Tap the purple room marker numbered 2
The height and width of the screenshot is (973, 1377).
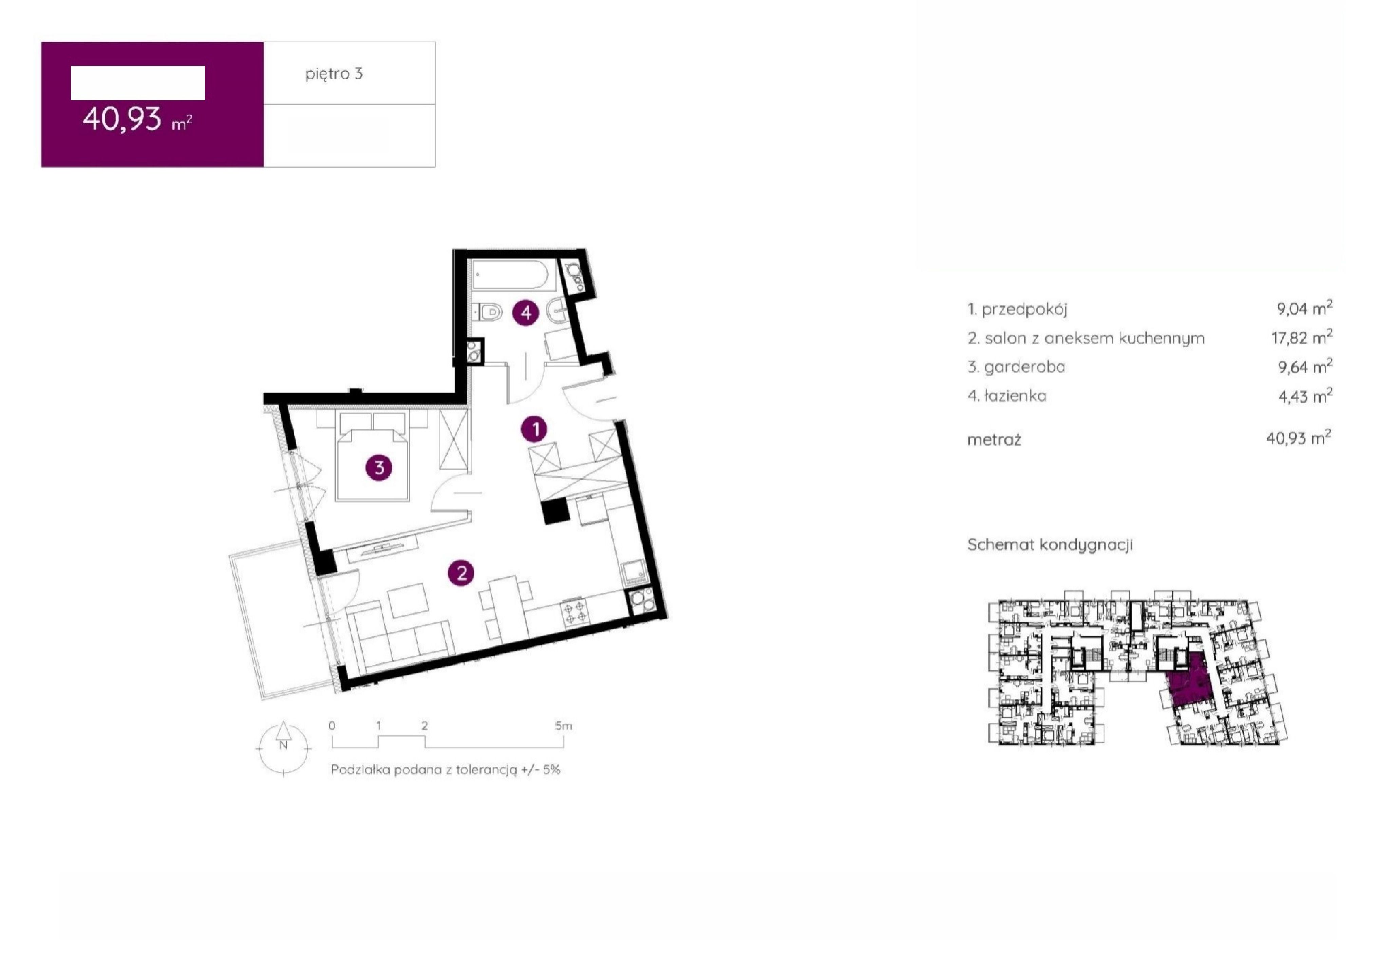tap(461, 573)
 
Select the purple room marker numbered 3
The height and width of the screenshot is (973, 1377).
tap(379, 467)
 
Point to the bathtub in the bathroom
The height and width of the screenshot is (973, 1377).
tap(509, 276)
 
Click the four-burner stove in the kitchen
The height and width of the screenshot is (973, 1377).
tap(574, 613)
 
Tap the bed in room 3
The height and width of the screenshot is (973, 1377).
tap(373, 456)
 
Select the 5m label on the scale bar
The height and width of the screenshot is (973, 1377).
tap(563, 726)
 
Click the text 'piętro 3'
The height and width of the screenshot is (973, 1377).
tap(334, 74)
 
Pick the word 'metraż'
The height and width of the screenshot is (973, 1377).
tap(994, 440)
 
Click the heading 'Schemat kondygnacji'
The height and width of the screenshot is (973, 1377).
tap(1050, 545)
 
